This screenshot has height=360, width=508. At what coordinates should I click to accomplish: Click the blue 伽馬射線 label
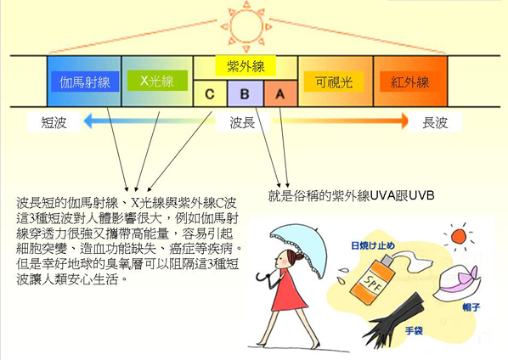[85, 82]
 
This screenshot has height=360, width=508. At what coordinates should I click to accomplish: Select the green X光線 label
[157, 81]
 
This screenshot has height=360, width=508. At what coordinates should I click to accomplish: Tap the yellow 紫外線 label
[246, 66]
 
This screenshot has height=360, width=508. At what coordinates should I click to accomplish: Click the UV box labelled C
[210, 93]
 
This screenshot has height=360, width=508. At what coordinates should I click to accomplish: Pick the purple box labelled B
[246, 93]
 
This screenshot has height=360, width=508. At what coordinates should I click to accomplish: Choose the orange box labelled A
[280, 93]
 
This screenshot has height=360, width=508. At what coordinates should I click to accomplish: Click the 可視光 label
[334, 82]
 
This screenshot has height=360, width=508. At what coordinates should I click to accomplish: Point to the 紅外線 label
[410, 82]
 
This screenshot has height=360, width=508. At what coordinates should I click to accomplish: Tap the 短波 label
[54, 122]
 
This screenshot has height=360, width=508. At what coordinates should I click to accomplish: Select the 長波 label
[435, 122]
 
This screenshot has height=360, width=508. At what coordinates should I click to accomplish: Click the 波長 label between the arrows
[242, 122]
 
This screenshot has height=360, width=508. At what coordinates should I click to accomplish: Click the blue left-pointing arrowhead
[87, 121]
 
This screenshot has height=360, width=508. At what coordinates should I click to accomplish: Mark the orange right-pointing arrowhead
[404, 121]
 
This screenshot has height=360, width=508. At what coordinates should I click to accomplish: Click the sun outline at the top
[246, 26]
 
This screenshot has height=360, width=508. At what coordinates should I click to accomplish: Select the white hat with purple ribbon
[457, 282]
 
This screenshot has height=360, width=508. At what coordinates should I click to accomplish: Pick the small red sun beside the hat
[459, 236]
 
